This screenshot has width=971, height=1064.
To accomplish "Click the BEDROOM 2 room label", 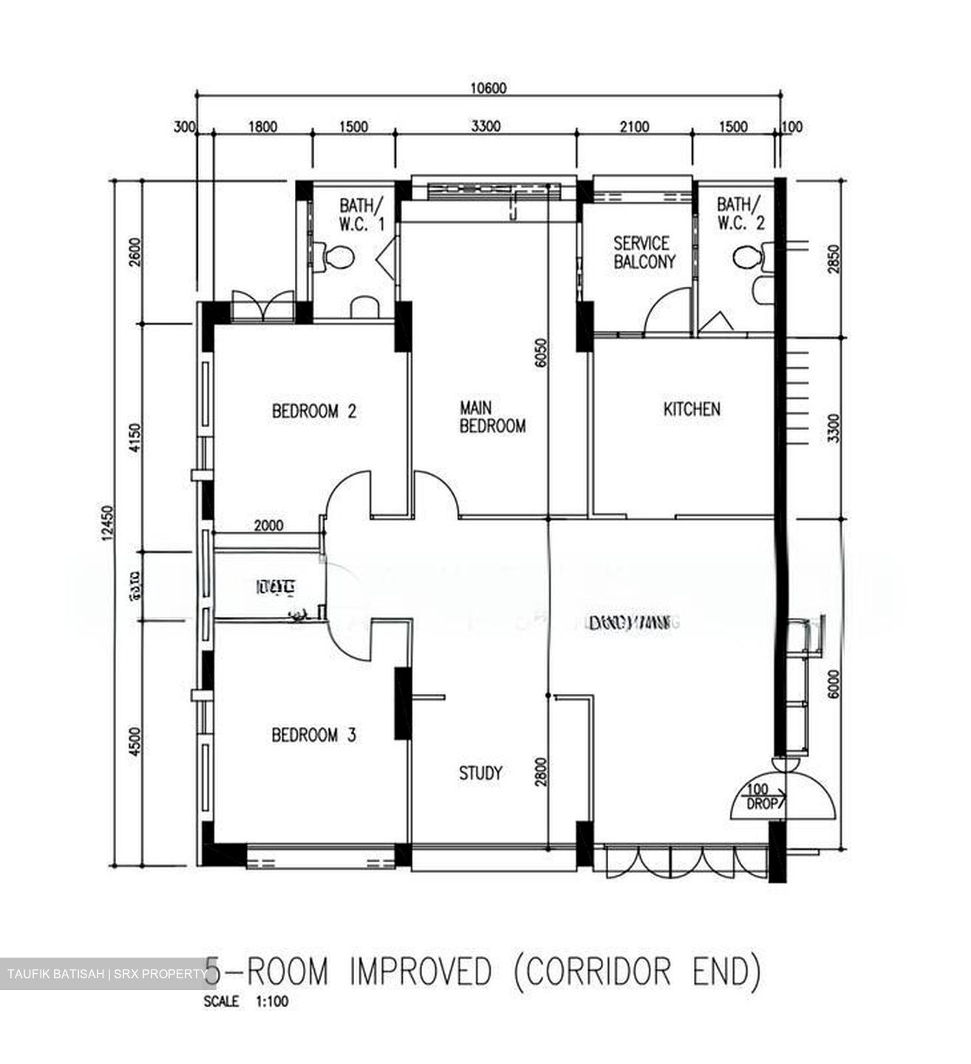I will (x=314, y=411).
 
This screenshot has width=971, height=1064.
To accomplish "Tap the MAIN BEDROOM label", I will (x=492, y=417).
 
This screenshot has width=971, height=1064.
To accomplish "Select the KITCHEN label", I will (x=691, y=409).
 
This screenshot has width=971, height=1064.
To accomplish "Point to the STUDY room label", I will (x=480, y=773).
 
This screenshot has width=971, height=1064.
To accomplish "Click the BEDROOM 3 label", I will (x=314, y=735).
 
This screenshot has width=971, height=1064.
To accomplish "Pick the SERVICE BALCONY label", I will (x=644, y=252).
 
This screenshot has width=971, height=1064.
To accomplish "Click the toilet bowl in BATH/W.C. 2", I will (x=748, y=258).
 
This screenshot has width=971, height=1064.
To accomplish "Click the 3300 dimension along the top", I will (x=485, y=126).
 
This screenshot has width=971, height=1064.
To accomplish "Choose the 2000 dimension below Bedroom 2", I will (x=268, y=526).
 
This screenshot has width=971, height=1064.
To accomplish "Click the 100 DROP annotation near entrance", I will (x=761, y=797).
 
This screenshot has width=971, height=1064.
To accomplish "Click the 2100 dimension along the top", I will (x=634, y=126).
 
